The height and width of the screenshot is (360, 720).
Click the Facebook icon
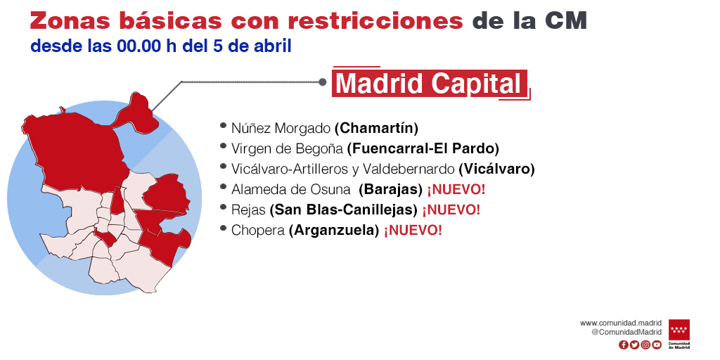point(623,345)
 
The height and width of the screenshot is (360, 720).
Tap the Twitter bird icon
point(634,345)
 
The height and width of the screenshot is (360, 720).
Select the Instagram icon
point(645,345)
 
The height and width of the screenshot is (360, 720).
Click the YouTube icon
point(657,345)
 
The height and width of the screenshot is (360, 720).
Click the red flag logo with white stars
point(679,330)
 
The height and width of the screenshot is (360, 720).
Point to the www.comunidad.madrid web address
point(621,323)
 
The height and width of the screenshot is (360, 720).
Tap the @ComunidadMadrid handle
point(626,332)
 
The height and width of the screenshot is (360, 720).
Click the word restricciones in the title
point(375,21)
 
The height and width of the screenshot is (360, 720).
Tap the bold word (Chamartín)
point(377,128)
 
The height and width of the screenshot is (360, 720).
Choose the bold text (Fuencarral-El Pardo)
point(423,149)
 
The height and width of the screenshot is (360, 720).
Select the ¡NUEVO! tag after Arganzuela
point(413,230)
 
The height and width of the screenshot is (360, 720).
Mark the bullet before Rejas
point(223,207)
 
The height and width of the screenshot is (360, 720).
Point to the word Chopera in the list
point(258,231)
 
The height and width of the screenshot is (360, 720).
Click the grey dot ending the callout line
point(323,82)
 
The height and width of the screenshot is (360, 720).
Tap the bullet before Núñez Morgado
point(223,125)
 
